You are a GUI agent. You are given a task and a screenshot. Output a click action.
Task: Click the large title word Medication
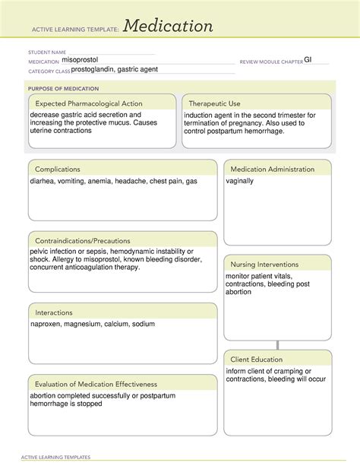coord(168,27)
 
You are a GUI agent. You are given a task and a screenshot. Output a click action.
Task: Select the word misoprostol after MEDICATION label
coord(80,59)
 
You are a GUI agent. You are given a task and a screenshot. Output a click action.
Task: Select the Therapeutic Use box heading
coord(214,103)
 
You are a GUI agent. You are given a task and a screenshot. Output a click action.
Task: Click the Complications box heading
coord(58,169)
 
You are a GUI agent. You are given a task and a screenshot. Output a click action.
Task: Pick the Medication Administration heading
coord(272,169)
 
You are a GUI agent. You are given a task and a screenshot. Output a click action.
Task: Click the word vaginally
coord(240,182)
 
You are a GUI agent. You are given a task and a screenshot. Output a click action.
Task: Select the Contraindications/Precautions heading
coord(82,240)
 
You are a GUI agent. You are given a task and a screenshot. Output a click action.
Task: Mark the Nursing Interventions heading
coord(264,264)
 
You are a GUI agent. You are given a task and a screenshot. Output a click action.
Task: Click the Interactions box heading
coord(54,312)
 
